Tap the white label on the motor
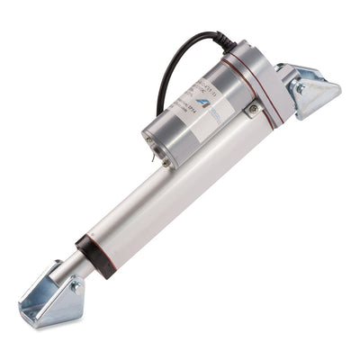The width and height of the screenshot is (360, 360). click(203, 104)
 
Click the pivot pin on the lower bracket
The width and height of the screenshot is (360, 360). click(76, 285)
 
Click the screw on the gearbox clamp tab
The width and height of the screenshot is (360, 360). click(254, 110)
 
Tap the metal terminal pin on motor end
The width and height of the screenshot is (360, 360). click(165, 162)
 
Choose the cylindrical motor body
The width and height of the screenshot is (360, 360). click(193, 117)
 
